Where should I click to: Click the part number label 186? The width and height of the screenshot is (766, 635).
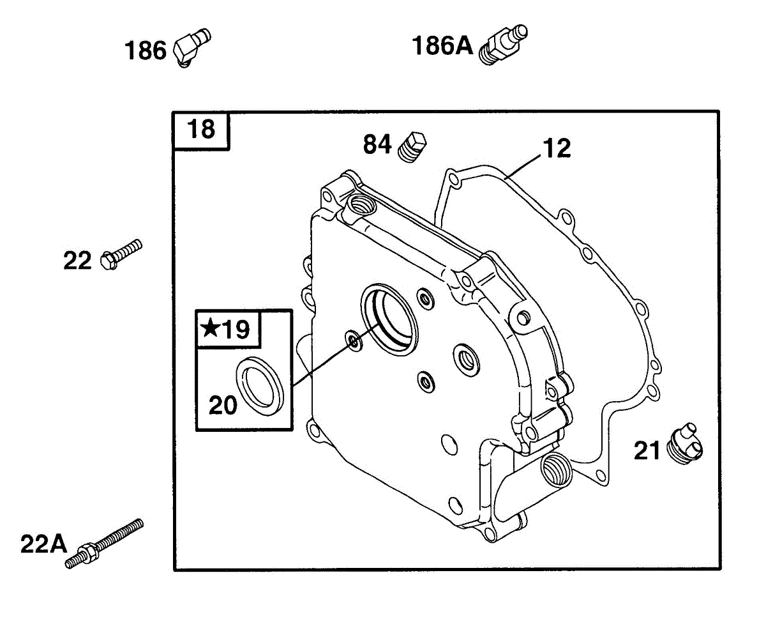(x=146, y=50)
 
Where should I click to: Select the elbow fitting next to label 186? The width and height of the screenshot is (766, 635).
(x=190, y=46)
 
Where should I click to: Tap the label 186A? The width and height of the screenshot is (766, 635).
(x=442, y=46)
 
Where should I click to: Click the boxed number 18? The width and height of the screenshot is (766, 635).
(x=202, y=130)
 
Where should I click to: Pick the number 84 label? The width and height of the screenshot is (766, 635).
(x=377, y=145)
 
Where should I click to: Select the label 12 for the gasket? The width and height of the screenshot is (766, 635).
(x=557, y=148)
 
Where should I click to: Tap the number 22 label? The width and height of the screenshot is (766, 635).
(x=78, y=261)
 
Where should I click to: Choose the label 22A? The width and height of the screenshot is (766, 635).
(x=43, y=544)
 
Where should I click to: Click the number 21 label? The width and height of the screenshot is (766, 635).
(x=647, y=451)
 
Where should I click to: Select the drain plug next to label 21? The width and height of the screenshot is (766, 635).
(x=685, y=442)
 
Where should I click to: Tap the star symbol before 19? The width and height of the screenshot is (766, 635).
(x=210, y=329)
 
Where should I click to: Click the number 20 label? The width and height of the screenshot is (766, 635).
(x=223, y=404)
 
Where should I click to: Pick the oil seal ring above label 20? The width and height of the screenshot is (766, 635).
(x=261, y=386)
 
